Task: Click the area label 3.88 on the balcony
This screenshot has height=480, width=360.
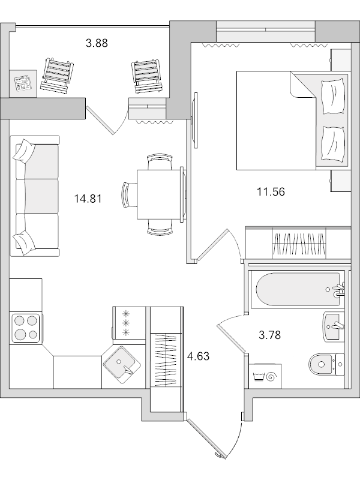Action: coord(97,43)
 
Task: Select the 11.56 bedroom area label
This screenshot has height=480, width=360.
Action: coord(270,192)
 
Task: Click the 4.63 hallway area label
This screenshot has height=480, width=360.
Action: coord(199,356)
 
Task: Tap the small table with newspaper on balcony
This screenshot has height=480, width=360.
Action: coord(23,83)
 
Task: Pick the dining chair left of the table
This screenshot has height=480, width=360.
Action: coord(128,195)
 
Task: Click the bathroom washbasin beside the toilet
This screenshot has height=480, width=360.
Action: coord(334,326)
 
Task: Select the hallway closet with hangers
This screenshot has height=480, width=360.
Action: coord(166,359)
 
